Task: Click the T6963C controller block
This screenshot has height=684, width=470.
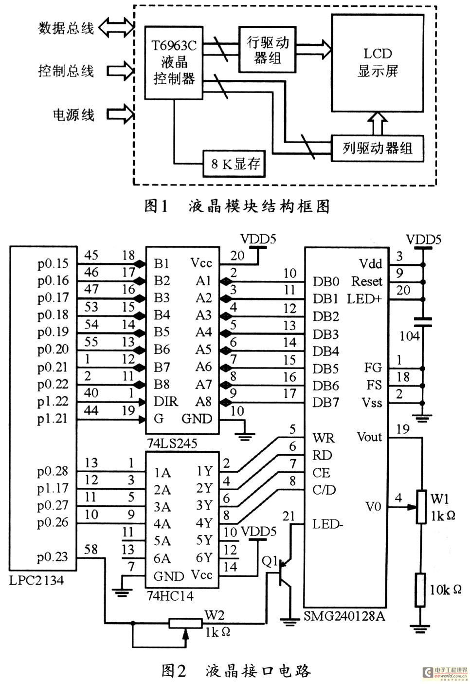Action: tap(174, 62)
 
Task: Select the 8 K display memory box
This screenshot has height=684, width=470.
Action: tap(234, 164)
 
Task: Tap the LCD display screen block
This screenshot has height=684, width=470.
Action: tap(377, 63)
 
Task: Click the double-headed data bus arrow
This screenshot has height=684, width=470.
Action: tap(116, 27)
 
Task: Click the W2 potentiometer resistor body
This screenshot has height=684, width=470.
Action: tap(185, 623)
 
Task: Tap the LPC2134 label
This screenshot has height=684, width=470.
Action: tap(36, 580)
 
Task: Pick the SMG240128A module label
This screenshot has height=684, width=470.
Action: tap(344, 616)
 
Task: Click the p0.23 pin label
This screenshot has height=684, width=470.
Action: tap(53, 557)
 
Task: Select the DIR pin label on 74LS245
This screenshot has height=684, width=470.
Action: tap(165, 402)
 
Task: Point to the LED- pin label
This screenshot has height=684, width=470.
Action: tap(328, 525)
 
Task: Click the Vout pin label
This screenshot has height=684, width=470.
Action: tap(369, 437)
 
